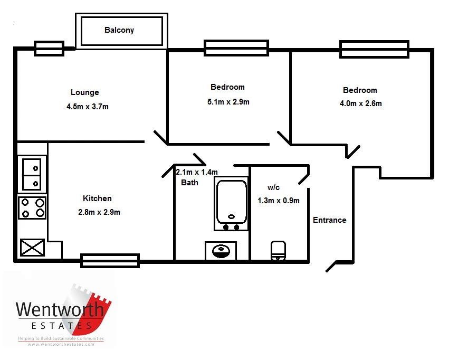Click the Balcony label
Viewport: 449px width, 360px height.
[x=119, y=30]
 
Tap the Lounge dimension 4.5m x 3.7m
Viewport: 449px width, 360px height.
[x=88, y=107]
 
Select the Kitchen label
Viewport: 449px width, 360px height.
[x=97, y=198]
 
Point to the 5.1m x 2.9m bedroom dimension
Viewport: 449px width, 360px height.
[x=228, y=102]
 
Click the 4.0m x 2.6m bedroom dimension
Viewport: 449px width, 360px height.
[x=360, y=103]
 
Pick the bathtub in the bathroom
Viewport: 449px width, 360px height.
[x=232, y=203]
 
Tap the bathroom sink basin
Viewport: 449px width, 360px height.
[x=221, y=251]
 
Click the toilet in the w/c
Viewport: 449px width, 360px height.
[x=278, y=251]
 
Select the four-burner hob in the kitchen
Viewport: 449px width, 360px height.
[x=32, y=207]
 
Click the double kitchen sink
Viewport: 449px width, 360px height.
[x=32, y=174]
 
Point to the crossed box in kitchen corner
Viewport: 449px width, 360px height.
[x=32, y=248]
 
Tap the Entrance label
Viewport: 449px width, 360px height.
[x=330, y=220]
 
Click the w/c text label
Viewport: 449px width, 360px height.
[x=273, y=187]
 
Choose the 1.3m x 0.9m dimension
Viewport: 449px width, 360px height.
[x=279, y=201]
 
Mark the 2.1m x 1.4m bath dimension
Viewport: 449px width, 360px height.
[x=197, y=172]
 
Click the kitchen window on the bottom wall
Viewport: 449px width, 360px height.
[x=110, y=261]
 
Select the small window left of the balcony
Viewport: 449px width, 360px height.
[x=49, y=49]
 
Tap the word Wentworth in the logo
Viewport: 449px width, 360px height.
[x=60, y=310]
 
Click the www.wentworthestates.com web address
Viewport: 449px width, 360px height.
[x=61, y=345]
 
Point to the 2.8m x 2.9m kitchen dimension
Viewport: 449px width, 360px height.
[x=99, y=212]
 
